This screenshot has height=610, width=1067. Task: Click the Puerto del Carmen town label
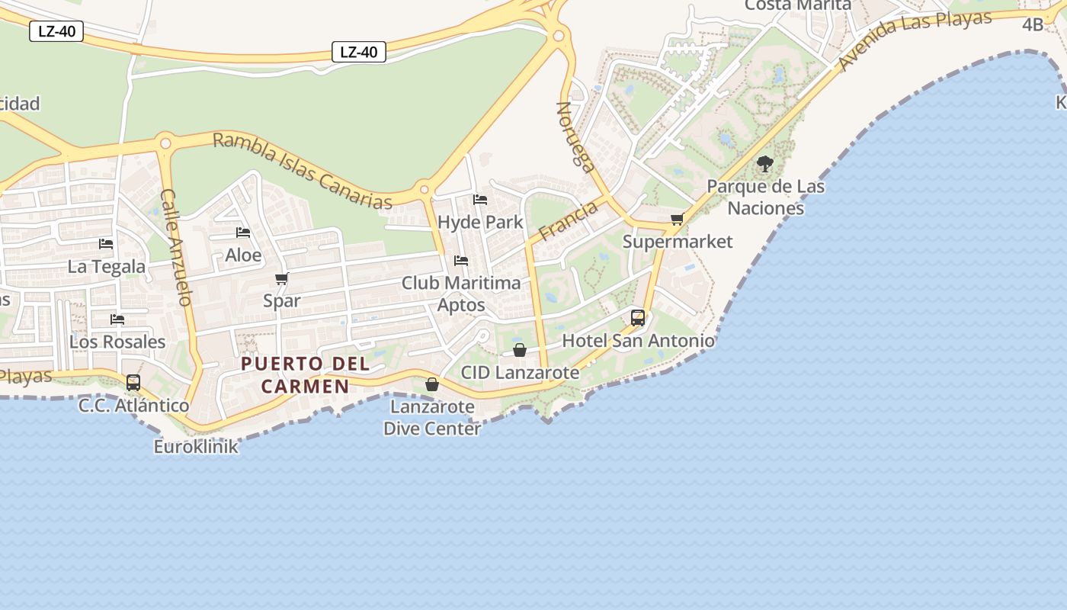coord(305,374)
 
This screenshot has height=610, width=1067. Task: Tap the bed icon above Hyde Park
coord(480,200)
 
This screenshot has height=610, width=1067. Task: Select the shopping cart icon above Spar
coord(282,279)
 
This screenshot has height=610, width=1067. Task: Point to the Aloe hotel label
coord(243,255)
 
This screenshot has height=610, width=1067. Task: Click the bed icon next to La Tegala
coord(106,244)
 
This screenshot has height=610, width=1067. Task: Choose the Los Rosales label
coord(117,341)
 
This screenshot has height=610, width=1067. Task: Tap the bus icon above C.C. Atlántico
coord(133,382)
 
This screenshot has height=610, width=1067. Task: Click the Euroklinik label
coord(197,446)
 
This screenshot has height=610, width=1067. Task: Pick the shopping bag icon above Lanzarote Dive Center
coord(432,384)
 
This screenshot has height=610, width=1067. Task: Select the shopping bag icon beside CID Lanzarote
coord(520,350)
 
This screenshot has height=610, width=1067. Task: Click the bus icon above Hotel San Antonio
coord(638,317)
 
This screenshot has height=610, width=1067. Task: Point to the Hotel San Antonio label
coord(638,340)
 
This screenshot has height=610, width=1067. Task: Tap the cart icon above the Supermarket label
coord(677,220)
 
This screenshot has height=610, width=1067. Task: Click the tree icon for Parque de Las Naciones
coord(765,163)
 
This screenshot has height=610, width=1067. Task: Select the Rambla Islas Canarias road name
coord(303,171)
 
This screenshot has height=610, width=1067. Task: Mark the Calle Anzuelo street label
coord(175,247)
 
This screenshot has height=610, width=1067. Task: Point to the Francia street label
coord(568,220)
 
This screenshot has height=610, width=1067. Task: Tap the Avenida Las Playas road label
coord(915,40)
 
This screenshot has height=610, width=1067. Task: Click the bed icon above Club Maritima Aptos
coord(461,261)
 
